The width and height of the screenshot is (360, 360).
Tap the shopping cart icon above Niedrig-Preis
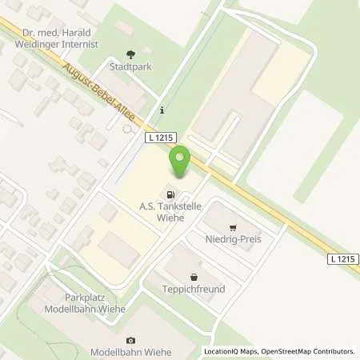pyautogui.click(x=233, y=227)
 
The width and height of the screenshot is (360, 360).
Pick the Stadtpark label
pyautogui.click(x=130, y=68)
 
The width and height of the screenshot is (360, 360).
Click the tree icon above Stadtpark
pyautogui.click(x=131, y=55)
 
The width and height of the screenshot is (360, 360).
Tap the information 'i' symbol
pyautogui.click(x=162, y=110)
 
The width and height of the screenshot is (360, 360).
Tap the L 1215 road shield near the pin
pyautogui.click(x=160, y=138)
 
